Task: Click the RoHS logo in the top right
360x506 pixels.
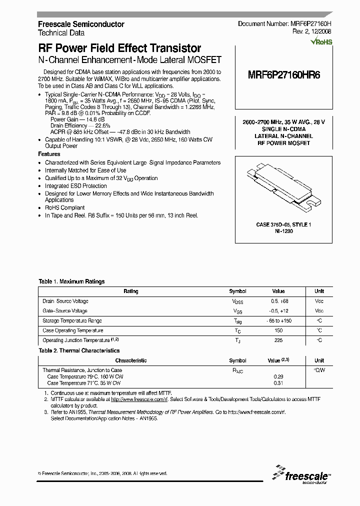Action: (321, 42)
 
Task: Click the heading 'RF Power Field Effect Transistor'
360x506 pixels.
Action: (119, 48)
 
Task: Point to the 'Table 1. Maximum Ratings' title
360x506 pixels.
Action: (71, 281)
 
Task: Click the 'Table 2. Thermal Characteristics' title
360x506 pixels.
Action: (79, 351)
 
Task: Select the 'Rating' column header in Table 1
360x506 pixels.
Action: (131, 291)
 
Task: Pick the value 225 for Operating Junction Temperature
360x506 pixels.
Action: (278, 340)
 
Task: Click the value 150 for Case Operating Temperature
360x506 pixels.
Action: (278, 330)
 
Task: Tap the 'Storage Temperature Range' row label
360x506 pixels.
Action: (72, 321)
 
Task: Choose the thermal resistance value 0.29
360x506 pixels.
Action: (278, 376)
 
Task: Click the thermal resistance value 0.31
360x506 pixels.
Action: (278, 382)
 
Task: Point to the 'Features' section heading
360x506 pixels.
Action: (49, 154)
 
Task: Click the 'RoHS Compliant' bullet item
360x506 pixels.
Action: (65, 207)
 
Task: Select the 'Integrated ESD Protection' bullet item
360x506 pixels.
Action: (76, 185)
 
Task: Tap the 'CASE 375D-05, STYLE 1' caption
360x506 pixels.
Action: (283, 225)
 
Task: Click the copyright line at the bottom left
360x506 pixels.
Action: (102, 473)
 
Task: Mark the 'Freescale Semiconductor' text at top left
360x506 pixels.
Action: (81, 24)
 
